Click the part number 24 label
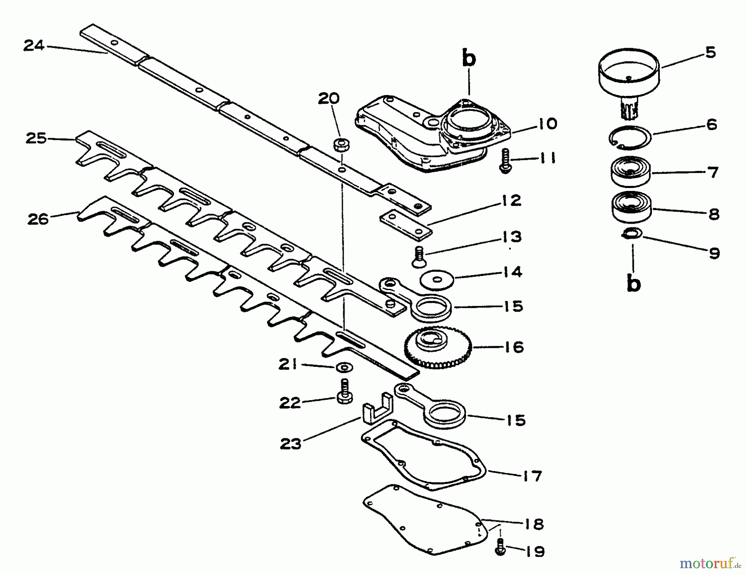click(34, 45)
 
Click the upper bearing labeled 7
click(630, 171)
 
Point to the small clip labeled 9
click(632, 234)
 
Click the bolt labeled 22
click(344, 392)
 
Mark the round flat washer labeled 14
click(437, 280)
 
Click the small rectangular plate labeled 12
click(406, 225)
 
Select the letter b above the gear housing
click(469, 59)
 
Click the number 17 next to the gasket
click(532, 476)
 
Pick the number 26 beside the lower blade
click(38, 219)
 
